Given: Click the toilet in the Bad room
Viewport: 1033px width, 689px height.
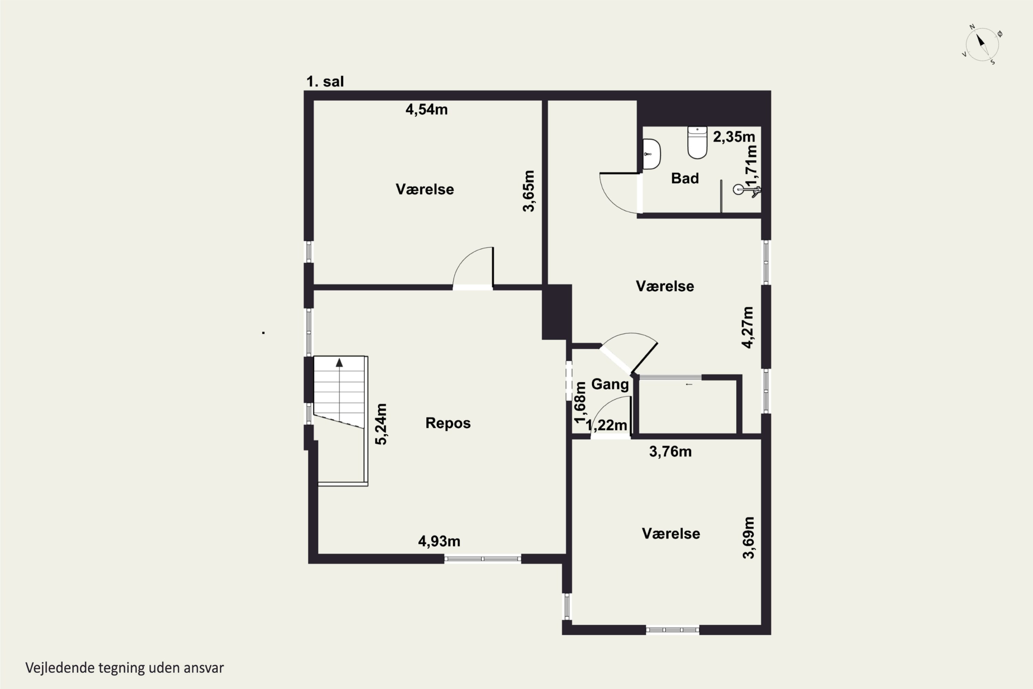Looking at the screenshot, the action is point(697,142).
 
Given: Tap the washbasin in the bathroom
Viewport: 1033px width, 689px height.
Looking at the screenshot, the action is point(651,154).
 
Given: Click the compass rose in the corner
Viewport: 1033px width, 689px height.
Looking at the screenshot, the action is point(982,44).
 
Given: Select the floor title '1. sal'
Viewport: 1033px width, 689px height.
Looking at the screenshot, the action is point(325,81).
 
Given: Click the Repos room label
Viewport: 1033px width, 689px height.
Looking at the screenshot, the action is point(448,423).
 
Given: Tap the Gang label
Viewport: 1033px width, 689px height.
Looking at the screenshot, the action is point(610,384).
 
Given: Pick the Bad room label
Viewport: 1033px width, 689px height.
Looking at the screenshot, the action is point(685,178).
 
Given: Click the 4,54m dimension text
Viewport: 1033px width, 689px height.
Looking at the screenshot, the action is point(427,110).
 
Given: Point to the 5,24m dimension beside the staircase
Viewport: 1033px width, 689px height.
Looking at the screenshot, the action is point(381,424).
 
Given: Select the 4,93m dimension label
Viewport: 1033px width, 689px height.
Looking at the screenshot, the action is point(439,541).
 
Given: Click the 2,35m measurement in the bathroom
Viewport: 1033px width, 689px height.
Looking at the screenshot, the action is point(734,137).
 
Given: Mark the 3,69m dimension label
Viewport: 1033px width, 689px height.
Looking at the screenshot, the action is point(748,537).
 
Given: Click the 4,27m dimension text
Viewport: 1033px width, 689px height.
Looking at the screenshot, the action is point(748,327).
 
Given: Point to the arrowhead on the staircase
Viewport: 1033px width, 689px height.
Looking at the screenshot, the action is point(339,362).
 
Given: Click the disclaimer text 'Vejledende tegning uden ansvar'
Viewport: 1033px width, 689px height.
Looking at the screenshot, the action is point(125,668).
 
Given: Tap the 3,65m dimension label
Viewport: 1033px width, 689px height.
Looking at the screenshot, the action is point(529,191).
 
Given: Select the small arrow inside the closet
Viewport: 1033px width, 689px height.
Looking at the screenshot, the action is point(689,384).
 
